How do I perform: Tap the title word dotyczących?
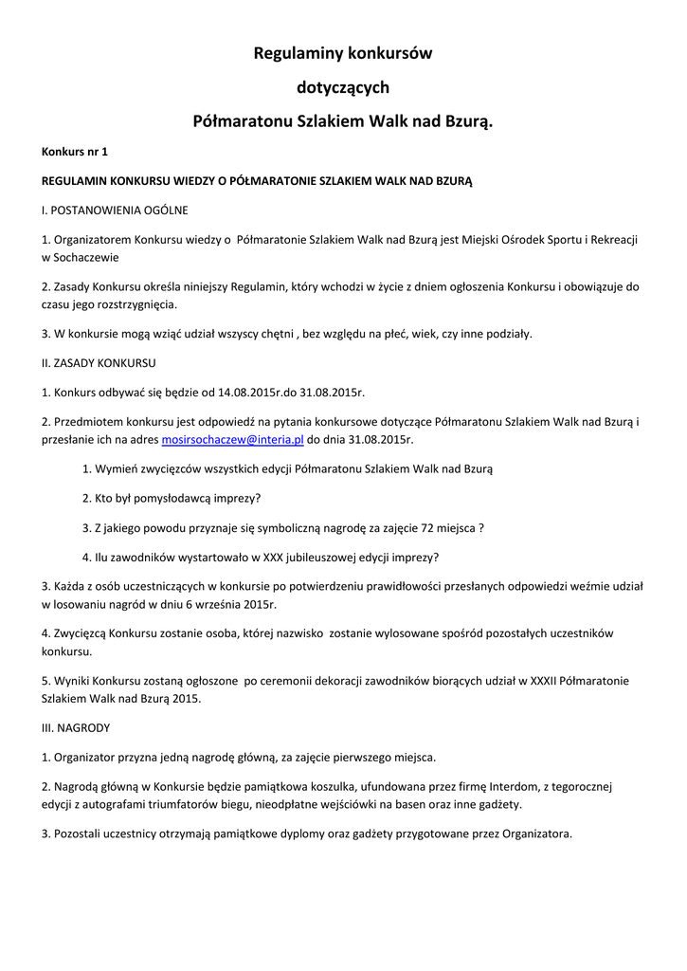click(343, 88)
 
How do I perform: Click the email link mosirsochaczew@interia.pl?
click(232, 440)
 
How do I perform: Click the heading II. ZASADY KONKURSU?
click(99, 363)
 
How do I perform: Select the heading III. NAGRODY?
click(76, 728)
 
